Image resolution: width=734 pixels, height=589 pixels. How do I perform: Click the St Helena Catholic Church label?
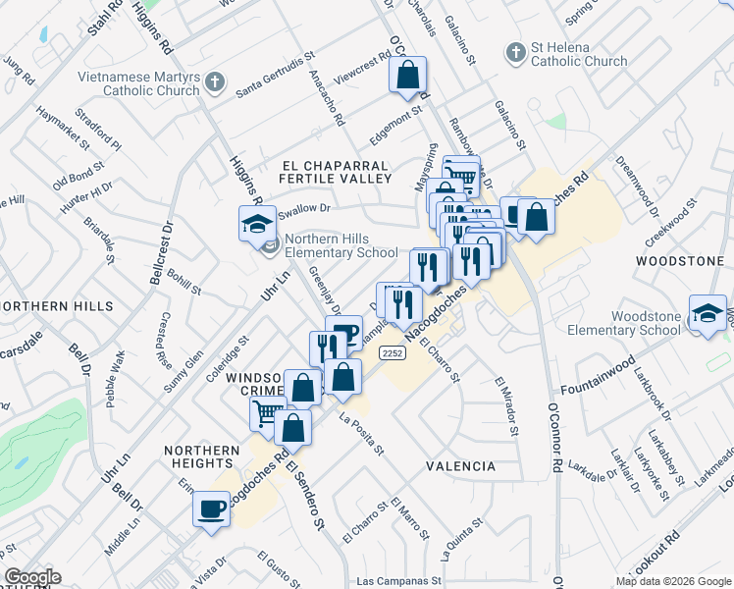[578, 55]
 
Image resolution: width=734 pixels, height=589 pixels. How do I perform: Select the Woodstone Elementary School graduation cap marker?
[707, 313]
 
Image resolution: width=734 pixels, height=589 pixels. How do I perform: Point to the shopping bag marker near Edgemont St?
[407, 74]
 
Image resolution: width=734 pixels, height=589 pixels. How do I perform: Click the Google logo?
[31, 577]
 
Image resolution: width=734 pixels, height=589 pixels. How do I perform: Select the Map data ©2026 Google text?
[673, 581]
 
